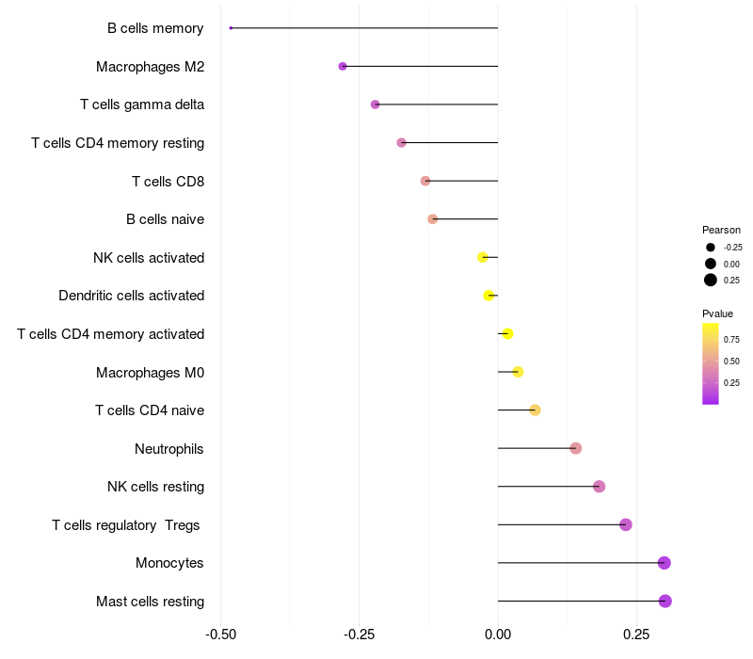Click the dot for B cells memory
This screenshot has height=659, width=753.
pyautogui.click(x=231, y=28)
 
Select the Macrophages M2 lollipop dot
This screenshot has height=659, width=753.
pyautogui.click(x=343, y=66)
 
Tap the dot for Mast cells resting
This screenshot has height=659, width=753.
pyautogui.click(x=665, y=601)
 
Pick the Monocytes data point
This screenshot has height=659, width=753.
pyautogui.click(x=664, y=563)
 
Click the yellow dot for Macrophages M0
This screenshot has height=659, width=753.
pyautogui.click(x=518, y=372)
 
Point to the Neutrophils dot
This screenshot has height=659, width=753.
pyautogui.click(x=575, y=448)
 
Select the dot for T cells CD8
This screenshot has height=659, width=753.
pyautogui.click(x=425, y=181)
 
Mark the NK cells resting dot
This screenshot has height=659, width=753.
pyautogui.click(x=599, y=487)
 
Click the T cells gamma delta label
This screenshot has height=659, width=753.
pyautogui.click(x=142, y=104)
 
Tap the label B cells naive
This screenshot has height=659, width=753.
pyautogui.click(x=165, y=219)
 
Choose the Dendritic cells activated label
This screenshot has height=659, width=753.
pyautogui.click(x=131, y=296)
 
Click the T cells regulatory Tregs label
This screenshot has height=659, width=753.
pyautogui.click(x=126, y=524)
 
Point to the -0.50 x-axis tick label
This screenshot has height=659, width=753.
pyautogui.click(x=220, y=635)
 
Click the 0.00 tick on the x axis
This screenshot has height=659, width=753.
pyautogui.click(x=497, y=635)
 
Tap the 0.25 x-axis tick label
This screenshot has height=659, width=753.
pyautogui.click(x=636, y=635)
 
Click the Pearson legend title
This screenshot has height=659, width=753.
pyautogui.click(x=721, y=230)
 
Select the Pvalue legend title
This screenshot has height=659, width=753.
pyautogui.click(x=717, y=313)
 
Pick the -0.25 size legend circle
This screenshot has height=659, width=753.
pyautogui.click(x=711, y=247)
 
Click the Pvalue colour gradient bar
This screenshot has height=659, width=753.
pyautogui.click(x=711, y=363)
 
